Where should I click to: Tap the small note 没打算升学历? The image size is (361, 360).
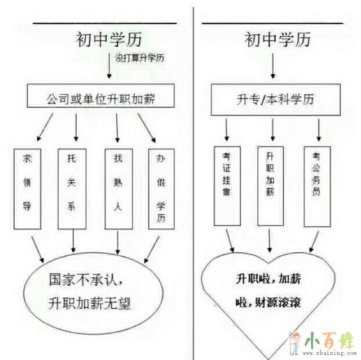(142, 57)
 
